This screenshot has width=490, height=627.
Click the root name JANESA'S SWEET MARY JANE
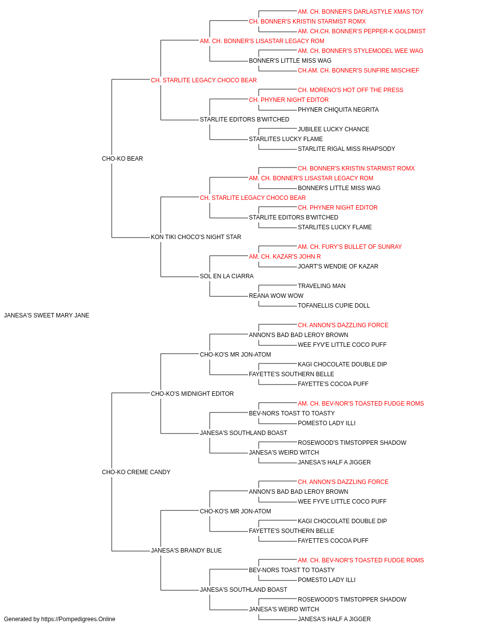[x=47, y=315]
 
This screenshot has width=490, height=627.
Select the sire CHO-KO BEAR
[x=122, y=159]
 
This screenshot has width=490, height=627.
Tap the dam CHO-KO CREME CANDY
[x=136, y=472]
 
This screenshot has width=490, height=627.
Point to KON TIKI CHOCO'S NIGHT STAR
[x=196, y=237]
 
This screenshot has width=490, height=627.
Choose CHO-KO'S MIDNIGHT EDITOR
[x=192, y=394]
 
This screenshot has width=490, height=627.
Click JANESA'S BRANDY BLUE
[x=186, y=551]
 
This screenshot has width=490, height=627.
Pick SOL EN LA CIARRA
[x=227, y=276]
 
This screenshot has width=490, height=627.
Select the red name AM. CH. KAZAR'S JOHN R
[x=285, y=257]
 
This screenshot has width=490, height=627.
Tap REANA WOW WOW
[x=276, y=296]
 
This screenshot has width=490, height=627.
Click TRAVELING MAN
[x=322, y=286]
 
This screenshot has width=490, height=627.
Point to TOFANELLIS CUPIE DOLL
[x=334, y=306]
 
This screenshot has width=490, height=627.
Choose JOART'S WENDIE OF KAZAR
[x=338, y=266]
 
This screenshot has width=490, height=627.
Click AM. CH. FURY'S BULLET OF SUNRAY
[x=350, y=247]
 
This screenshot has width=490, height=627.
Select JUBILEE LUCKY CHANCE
[x=334, y=129]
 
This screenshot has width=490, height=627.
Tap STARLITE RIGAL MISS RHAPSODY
[x=346, y=149]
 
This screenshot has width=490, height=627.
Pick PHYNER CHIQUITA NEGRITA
[x=339, y=110]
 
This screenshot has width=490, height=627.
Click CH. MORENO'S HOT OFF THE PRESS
[x=351, y=90]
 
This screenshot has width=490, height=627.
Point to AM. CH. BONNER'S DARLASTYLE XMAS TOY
[x=361, y=12]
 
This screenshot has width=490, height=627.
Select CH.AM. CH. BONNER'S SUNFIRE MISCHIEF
[x=359, y=71]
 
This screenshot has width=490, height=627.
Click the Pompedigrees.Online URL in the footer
[x=78, y=619]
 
